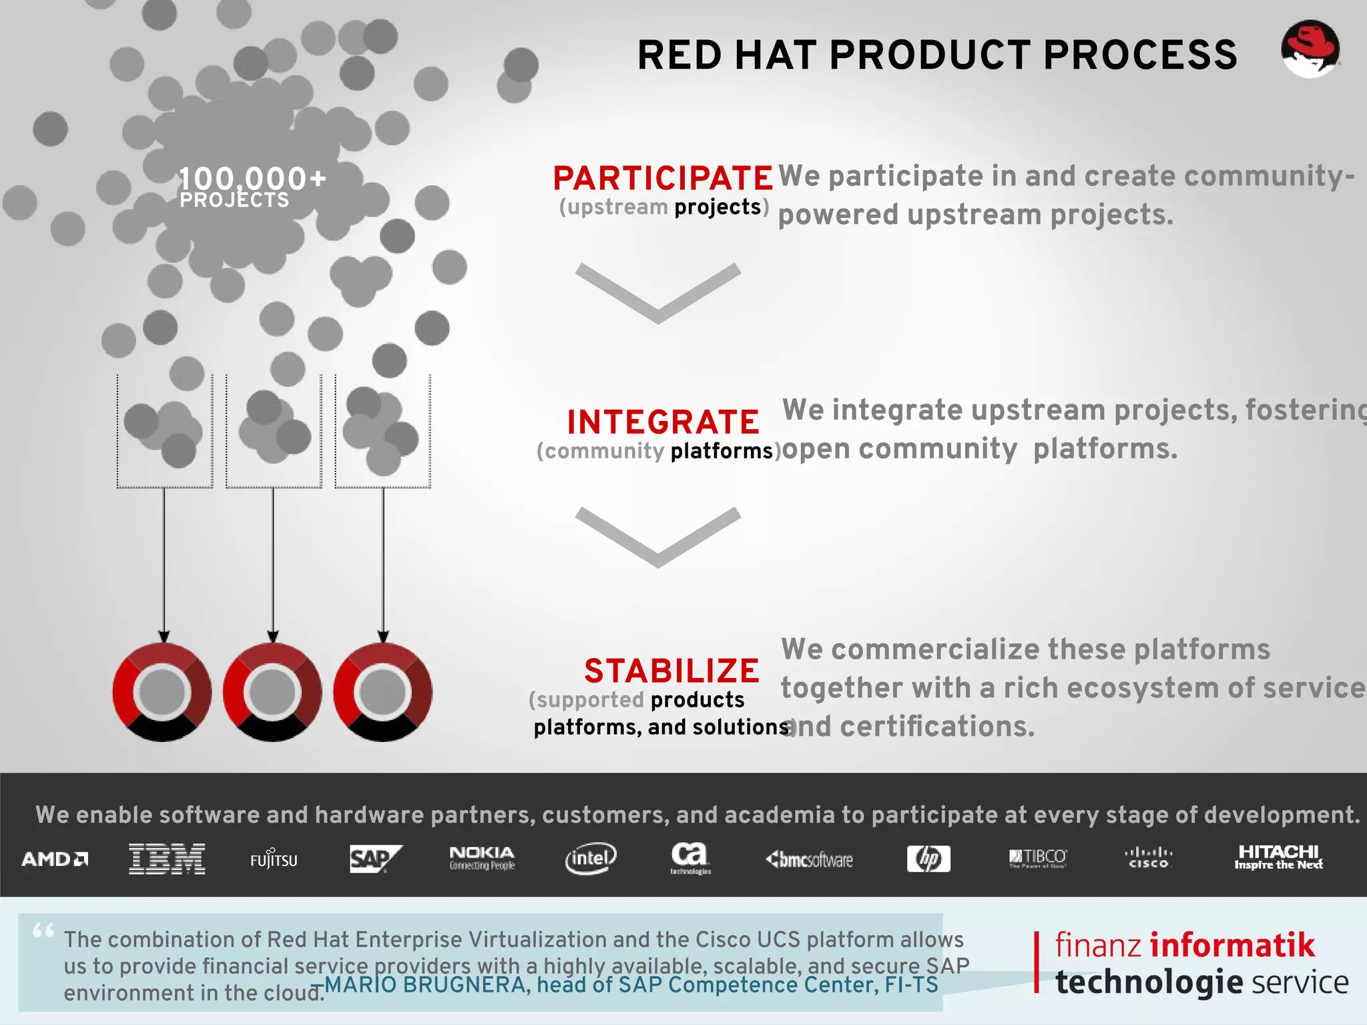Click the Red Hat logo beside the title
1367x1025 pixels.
tap(1310, 49)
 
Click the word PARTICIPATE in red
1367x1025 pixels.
tap(663, 178)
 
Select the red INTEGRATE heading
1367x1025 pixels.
tap(663, 422)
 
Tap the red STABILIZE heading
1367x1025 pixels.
tap(671, 671)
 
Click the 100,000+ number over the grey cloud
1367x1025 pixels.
tap(252, 178)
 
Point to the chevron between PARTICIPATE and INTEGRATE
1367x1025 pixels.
tap(658, 292)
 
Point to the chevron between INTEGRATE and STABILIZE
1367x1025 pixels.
tap(658, 536)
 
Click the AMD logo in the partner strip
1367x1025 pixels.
tap(55, 859)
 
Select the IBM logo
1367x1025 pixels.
tap(167, 859)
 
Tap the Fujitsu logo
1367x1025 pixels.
tap(274, 860)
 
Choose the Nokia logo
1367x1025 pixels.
tap(482, 858)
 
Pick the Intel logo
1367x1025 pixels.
tap(591, 858)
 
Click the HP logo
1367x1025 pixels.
tap(928, 859)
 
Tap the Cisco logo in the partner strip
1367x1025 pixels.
tap(1148, 858)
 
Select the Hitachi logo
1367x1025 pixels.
tap(1278, 857)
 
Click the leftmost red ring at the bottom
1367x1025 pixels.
tap(162, 692)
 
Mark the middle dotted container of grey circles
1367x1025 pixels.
tap(274, 431)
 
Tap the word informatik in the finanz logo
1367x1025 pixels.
tap(1232, 946)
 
